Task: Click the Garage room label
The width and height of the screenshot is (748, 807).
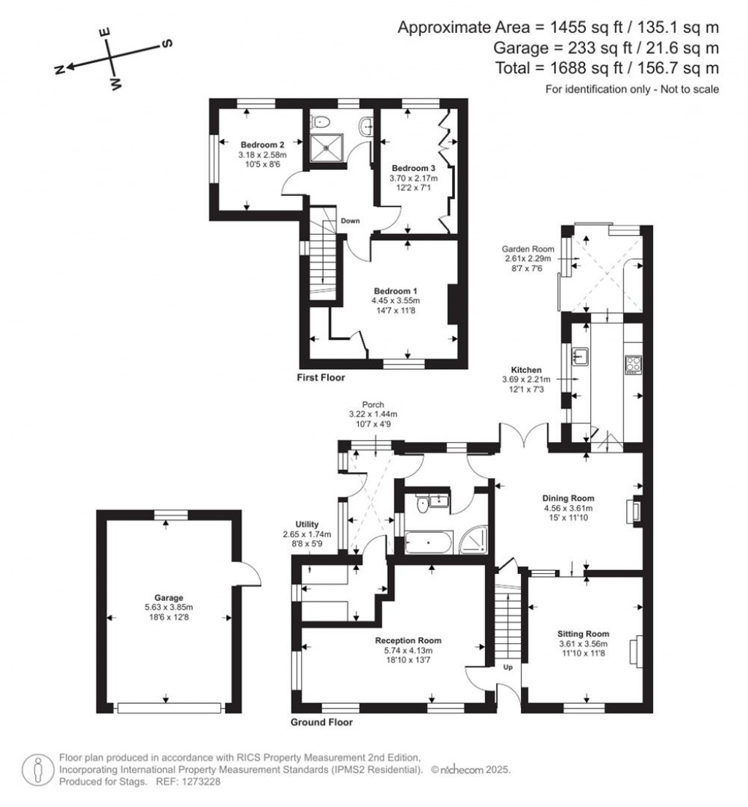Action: (168, 596)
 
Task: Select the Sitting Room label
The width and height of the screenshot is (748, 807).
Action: (583, 634)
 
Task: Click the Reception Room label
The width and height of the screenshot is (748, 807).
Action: (414, 640)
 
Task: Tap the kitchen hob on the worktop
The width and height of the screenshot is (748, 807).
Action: (632, 363)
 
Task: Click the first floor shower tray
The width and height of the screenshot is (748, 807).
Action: (327, 148)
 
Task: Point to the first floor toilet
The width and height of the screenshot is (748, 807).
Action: (321, 121)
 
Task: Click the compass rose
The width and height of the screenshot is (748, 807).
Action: (110, 60)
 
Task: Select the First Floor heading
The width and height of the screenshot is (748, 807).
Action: (321, 378)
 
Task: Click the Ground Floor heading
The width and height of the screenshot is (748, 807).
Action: (321, 722)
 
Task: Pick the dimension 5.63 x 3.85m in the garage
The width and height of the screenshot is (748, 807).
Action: (168, 607)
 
